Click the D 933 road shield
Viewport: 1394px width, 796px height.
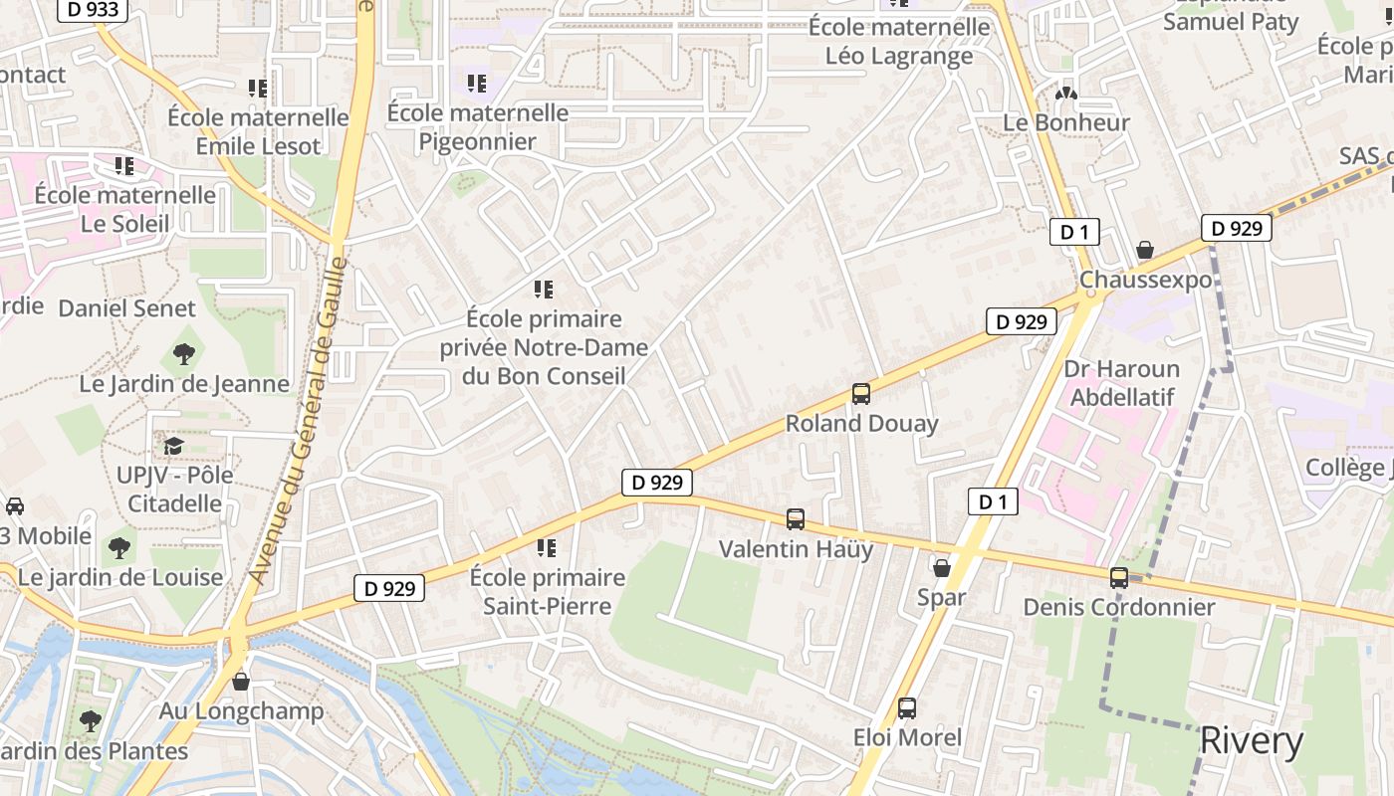[x=95, y=10]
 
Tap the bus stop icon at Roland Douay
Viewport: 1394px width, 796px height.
[x=861, y=394]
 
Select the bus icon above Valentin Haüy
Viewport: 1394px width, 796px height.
[x=796, y=518]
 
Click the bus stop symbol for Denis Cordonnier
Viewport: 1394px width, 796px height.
[x=1119, y=577]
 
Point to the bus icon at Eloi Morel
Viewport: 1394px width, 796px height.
[x=907, y=708]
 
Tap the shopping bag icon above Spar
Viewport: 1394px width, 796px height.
[x=941, y=568]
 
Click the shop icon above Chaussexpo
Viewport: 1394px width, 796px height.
[x=1145, y=250]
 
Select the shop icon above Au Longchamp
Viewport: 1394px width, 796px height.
[x=240, y=682]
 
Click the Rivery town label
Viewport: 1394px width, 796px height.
[x=1251, y=741]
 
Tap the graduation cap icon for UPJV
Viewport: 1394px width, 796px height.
[x=174, y=446]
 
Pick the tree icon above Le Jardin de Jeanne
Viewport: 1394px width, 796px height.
[x=183, y=353]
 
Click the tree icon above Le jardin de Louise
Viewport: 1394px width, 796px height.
[x=119, y=547]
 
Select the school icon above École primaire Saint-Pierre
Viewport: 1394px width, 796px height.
[x=546, y=547]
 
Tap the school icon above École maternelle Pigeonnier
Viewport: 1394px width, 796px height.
[x=477, y=83]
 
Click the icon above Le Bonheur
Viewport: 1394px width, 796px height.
[x=1066, y=94]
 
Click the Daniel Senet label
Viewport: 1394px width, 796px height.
[x=126, y=308]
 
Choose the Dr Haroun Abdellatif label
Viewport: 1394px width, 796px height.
[x=1121, y=383]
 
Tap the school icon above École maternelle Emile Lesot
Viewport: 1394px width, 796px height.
[x=258, y=88]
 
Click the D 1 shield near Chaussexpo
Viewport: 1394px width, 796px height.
[x=1073, y=233]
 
